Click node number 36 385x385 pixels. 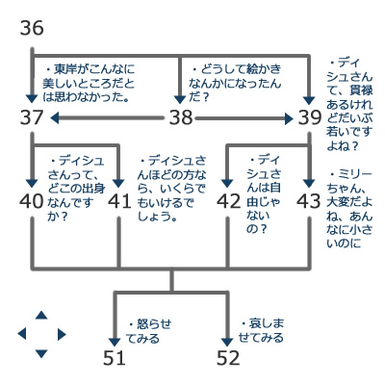[x=32, y=28]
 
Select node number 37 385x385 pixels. [x=32, y=117]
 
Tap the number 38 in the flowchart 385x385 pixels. [x=181, y=117]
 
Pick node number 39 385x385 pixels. [x=310, y=117]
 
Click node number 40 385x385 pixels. [x=32, y=201]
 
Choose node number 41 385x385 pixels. [x=119, y=201]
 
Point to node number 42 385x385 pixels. [x=228, y=201]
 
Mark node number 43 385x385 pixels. [x=309, y=201]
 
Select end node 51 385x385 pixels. [x=115, y=358]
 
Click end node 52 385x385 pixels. [x=228, y=358]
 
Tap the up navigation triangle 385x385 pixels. [x=41, y=316]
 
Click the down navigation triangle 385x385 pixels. [x=41, y=353]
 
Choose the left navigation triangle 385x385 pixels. [x=22, y=334]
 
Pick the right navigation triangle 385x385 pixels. [x=62, y=335]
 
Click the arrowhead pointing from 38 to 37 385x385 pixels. [x=55, y=117]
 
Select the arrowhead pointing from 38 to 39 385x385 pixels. [x=289, y=118]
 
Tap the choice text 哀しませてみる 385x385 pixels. [x=262, y=330]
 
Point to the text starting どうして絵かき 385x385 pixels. [x=235, y=83]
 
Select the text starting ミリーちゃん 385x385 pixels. [x=349, y=209]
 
